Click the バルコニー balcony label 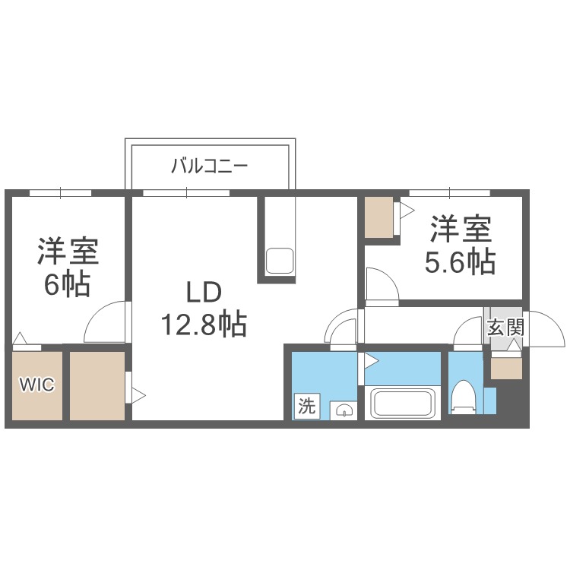(x=209, y=165)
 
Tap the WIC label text (x=36, y=385)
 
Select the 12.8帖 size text (x=202, y=325)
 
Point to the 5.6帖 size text (x=460, y=262)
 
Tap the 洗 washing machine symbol (x=306, y=407)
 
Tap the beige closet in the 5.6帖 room (x=379, y=217)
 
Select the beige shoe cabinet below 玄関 (x=506, y=368)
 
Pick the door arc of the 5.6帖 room (x=380, y=285)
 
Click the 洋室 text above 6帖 (x=68, y=251)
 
